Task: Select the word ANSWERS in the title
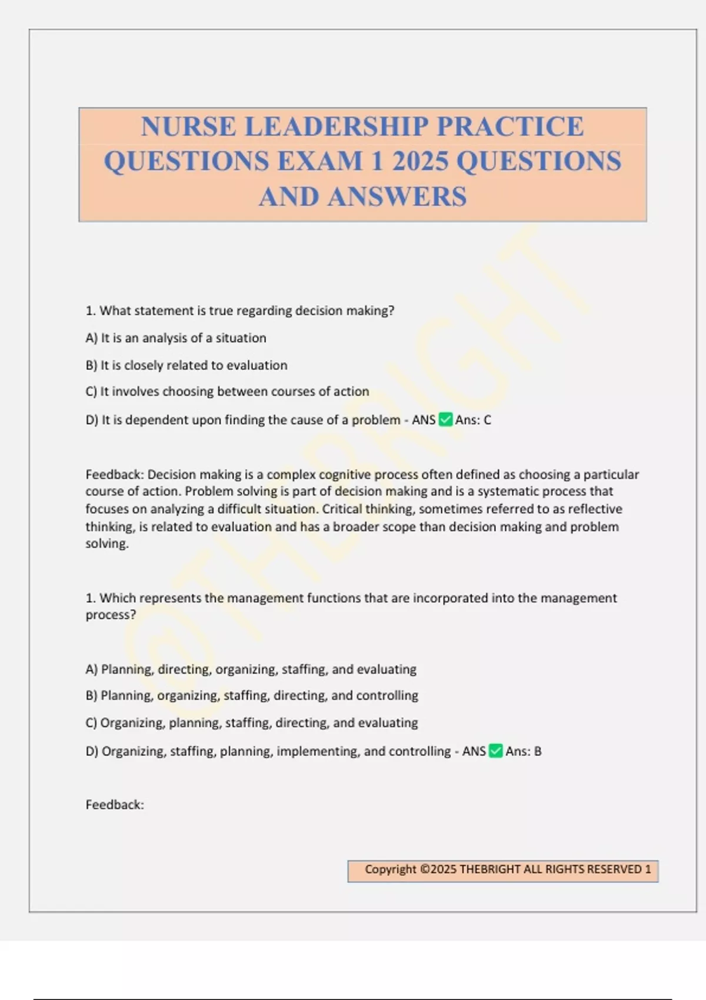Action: click(x=397, y=197)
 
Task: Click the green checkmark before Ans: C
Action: click(x=445, y=420)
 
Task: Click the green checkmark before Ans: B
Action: click(x=496, y=751)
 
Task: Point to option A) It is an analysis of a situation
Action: click(x=176, y=338)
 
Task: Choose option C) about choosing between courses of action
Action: click(x=227, y=392)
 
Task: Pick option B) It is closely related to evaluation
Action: click(x=187, y=365)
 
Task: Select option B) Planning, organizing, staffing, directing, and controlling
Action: click(x=252, y=696)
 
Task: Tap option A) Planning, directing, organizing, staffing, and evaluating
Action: click(x=251, y=669)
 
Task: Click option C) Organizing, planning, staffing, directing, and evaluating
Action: click(x=252, y=723)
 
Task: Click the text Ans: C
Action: click(x=473, y=420)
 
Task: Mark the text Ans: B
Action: click(x=524, y=751)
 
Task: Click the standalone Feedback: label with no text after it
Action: click(x=115, y=805)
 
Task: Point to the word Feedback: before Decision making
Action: click(x=115, y=475)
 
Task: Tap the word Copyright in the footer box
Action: click(x=390, y=869)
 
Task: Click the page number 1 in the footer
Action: click(x=648, y=869)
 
